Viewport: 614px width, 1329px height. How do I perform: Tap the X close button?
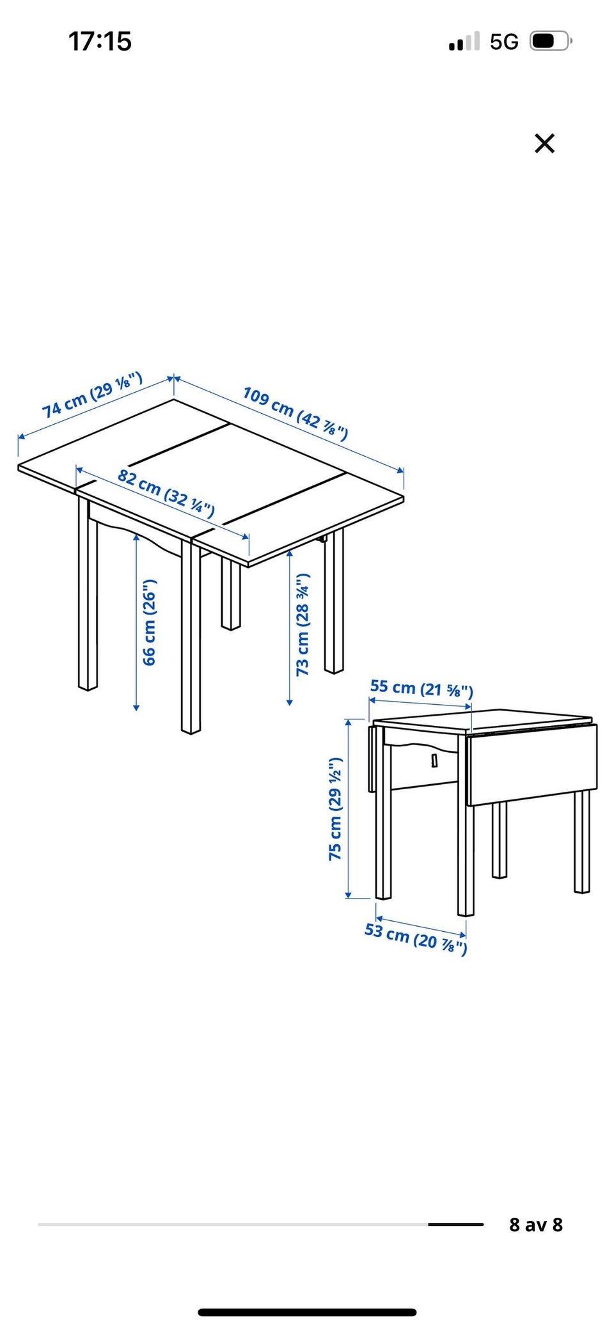coord(544,143)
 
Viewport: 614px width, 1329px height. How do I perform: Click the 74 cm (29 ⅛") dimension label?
coord(92,395)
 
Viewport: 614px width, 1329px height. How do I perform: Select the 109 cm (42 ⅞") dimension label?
coord(295,413)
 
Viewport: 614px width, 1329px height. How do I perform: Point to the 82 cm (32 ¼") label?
coord(166,492)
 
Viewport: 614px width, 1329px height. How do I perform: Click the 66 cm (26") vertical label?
coord(148,622)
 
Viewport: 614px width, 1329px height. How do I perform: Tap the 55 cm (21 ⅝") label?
coord(421,688)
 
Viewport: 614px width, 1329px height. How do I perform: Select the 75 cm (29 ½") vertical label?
coord(335,808)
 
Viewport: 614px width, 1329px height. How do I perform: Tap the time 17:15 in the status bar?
coord(100,42)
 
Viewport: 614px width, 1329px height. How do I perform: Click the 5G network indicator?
coord(504,42)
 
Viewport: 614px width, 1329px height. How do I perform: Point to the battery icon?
coord(551,42)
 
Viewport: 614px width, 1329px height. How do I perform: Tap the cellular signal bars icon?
coord(464,42)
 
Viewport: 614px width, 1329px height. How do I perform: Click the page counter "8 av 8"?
coord(536,1224)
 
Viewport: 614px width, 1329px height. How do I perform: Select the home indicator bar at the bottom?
coord(307,1307)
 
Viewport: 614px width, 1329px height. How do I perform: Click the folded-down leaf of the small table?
coord(532,765)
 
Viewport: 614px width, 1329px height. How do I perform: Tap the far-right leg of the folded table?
coord(581,841)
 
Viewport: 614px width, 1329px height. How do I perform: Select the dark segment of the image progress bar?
coord(456,1224)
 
